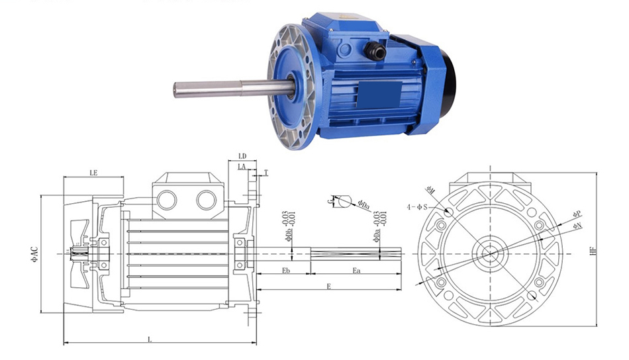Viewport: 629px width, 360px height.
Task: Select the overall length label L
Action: tap(150, 339)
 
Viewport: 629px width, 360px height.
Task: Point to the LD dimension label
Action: tap(243, 156)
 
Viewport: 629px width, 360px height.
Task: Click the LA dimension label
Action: tap(242, 168)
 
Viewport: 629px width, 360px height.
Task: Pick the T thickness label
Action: tap(266, 172)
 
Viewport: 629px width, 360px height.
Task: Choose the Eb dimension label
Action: tap(286, 271)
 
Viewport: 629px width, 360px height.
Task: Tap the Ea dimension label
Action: tap(356, 271)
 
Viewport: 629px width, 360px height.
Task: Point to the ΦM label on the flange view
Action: tap(430, 190)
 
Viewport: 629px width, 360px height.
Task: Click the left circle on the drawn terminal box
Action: tap(168, 200)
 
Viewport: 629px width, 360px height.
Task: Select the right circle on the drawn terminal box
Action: tap(207, 200)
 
